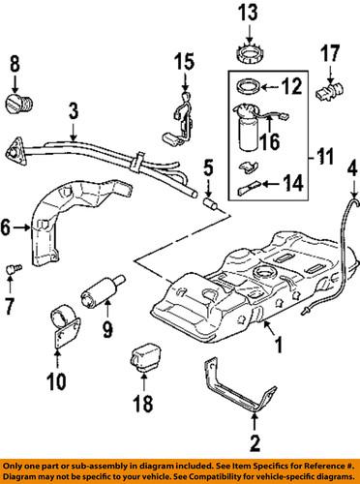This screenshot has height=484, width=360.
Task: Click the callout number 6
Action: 9,228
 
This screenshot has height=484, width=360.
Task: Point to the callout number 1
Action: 280,344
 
